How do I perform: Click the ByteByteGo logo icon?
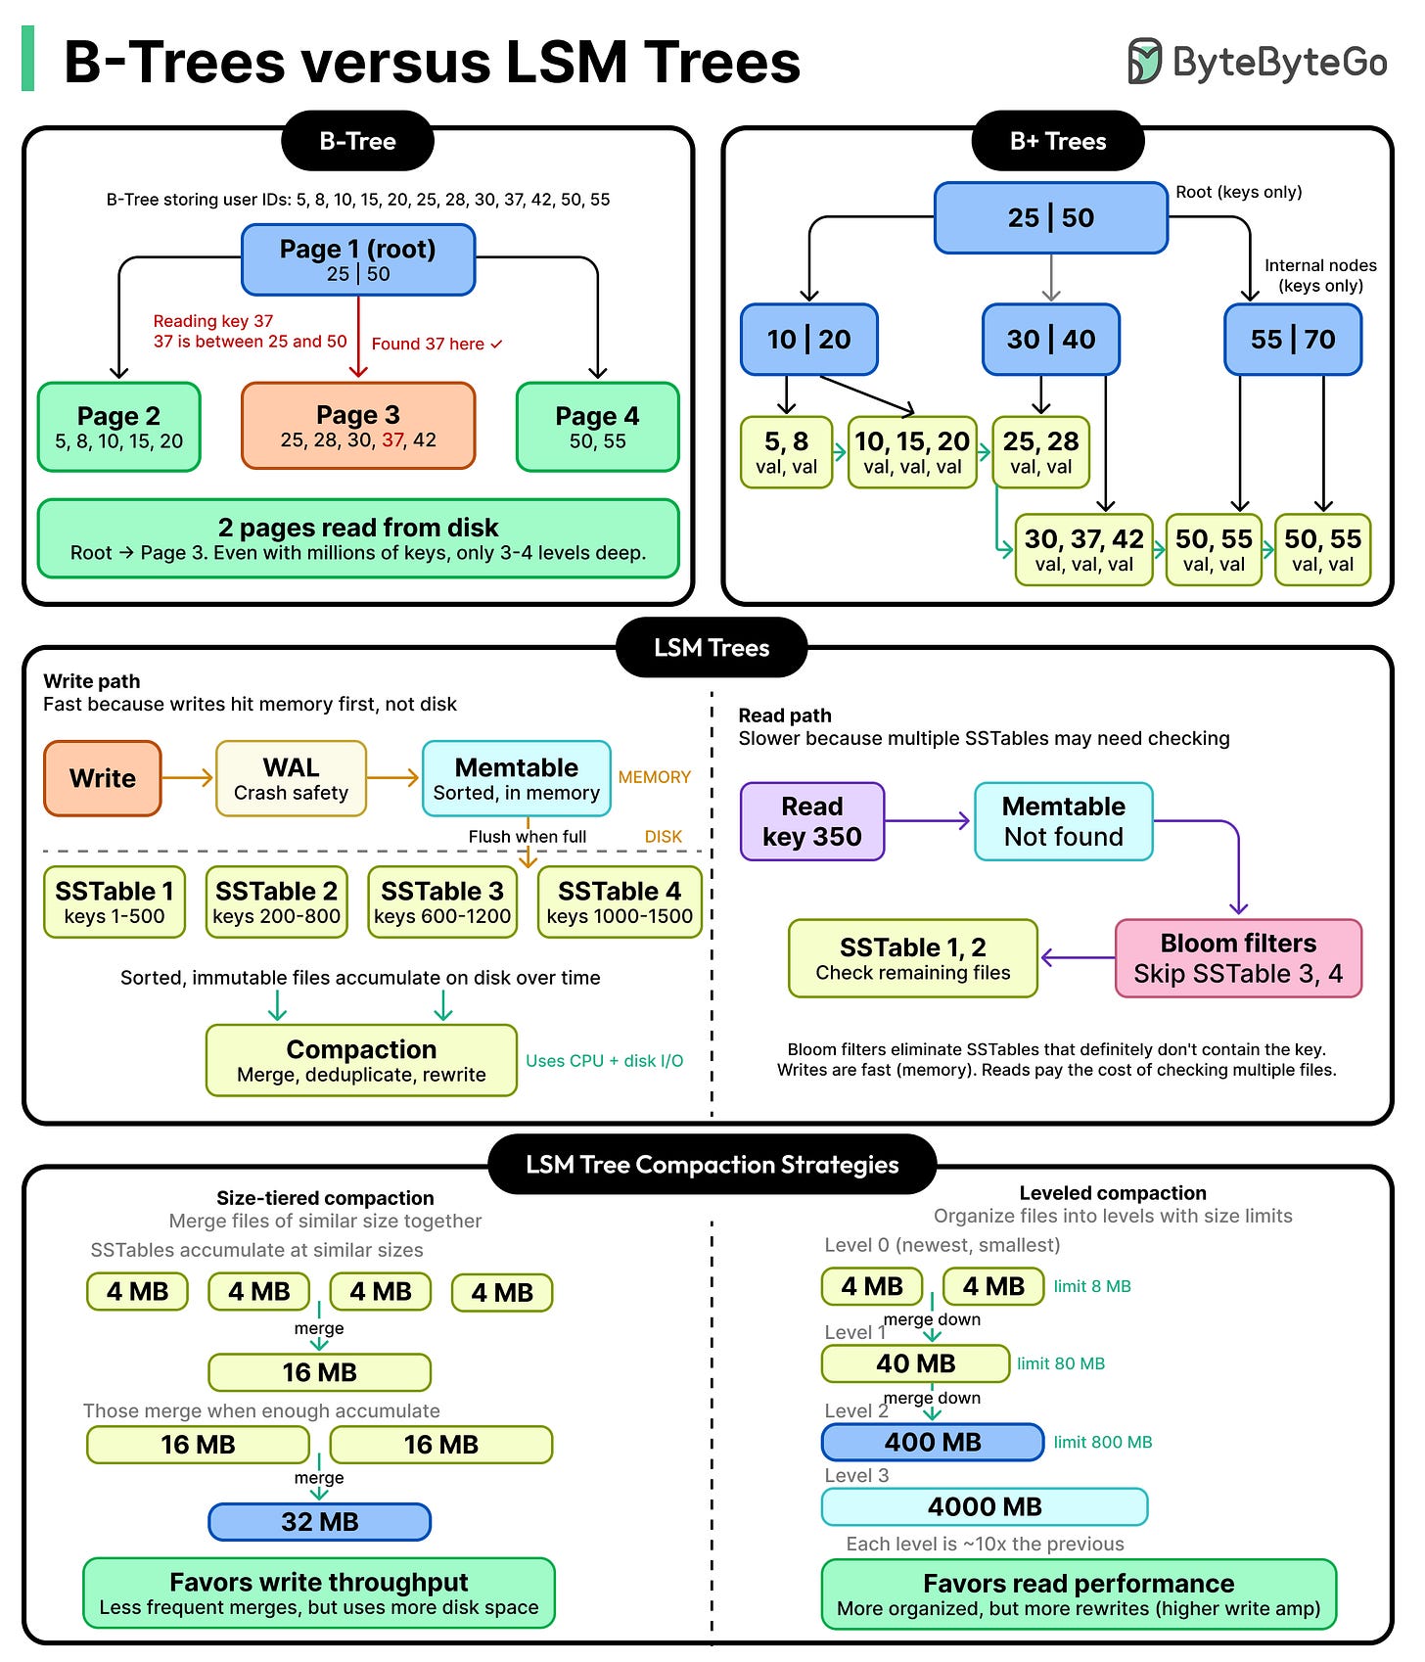point(1143,61)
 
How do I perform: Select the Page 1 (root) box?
point(358,259)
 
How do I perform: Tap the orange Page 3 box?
point(358,426)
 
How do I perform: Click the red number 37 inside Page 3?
point(393,440)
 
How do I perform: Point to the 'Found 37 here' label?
point(437,344)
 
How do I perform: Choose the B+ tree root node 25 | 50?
point(1050,217)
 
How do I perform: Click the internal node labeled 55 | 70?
point(1292,340)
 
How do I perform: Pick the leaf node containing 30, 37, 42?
point(1083,550)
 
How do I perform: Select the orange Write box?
point(103,778)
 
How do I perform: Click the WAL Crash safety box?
point(291,778)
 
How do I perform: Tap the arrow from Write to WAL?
point(188,778)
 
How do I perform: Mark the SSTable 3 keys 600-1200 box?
point(442,901)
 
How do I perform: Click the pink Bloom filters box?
point(1238,957)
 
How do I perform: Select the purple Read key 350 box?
point(812,821)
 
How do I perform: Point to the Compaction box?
point(361,1060)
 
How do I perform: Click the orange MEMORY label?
point(654,777)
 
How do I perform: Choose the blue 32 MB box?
point(319,1522)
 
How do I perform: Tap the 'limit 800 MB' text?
point(1102,1442)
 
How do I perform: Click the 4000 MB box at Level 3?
point(984,1506)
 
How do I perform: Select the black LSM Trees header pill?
point(712,648)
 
